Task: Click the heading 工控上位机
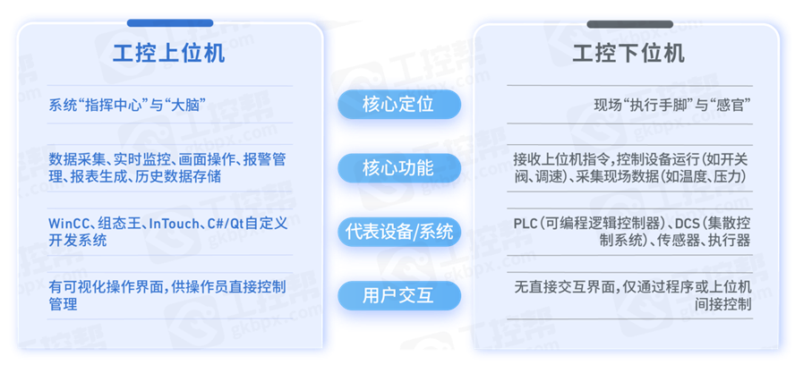point(169,53)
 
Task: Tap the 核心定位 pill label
point(397,105)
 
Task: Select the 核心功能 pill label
point(397,168)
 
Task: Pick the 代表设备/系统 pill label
point(397,232)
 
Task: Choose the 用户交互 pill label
point(397,294)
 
